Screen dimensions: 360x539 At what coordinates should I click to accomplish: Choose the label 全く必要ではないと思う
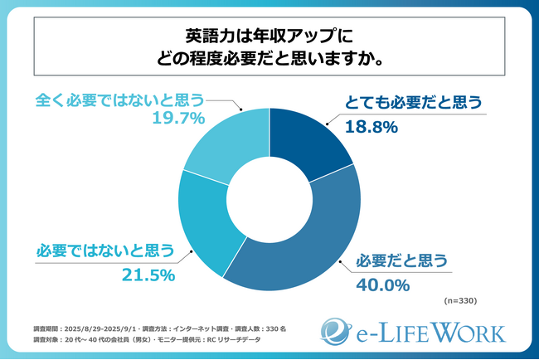[119, 100]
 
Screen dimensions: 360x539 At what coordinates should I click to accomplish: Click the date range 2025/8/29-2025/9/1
[108, 328]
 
